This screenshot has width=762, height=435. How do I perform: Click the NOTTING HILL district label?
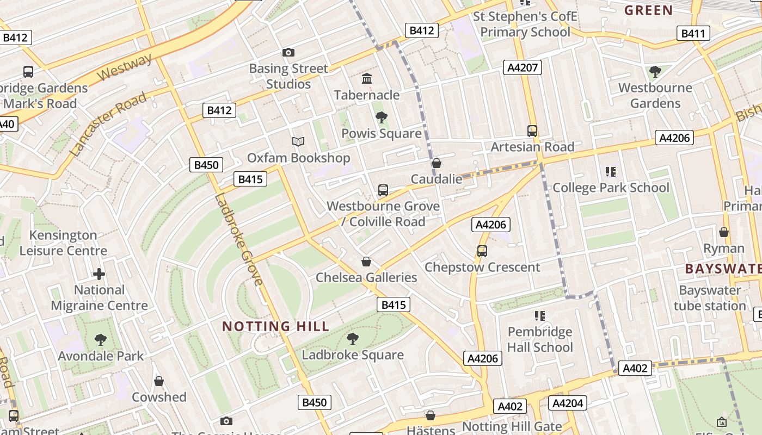[276, 326]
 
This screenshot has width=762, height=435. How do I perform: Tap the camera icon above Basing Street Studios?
[288, 53]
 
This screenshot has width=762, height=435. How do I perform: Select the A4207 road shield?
[523, 67]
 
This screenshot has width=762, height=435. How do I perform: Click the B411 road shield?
[693, 34]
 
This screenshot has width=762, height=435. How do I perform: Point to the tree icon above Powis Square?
[381, 117]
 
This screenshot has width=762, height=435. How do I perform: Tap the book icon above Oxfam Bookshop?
[298, 141]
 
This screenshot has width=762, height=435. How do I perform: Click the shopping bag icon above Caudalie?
[436, 163]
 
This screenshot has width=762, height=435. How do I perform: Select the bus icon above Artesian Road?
[532, 131]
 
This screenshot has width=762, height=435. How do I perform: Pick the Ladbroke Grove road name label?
[239, 240]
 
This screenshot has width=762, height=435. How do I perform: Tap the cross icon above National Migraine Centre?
[99, 274]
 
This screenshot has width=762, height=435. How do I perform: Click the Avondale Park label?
[101, 356]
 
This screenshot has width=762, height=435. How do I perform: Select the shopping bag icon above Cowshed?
[159, 381]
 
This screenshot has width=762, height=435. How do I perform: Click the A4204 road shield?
[568, 403]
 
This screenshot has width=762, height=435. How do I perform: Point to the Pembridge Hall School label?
[540, 339]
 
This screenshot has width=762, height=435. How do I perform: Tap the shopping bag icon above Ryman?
[724, 233]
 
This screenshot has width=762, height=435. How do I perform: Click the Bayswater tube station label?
[710, 298]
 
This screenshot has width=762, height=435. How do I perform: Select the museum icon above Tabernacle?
[367, 79]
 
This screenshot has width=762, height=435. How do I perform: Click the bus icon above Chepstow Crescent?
[482, 251]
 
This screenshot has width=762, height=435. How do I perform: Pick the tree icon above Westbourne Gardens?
[655, 71]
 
